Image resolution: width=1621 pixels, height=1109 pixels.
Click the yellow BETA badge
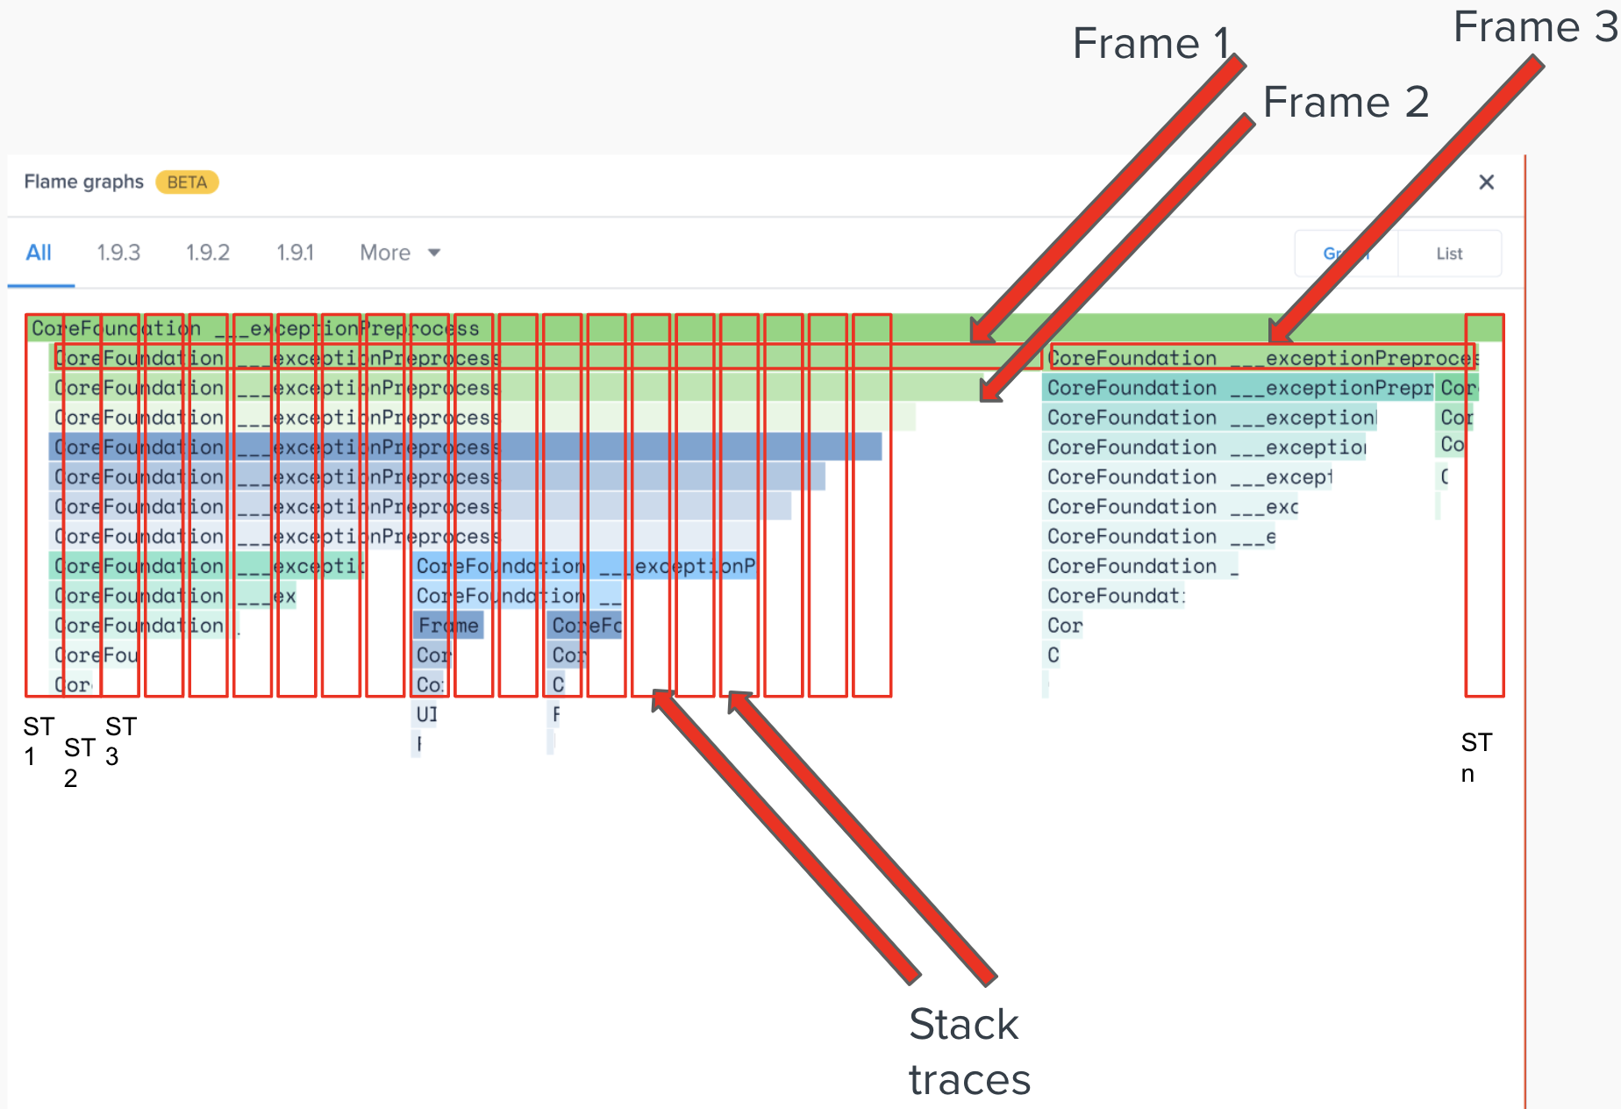pos(187,182)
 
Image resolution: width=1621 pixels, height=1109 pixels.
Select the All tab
pos(39,253)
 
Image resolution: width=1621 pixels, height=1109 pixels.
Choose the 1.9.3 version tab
pos(118,253)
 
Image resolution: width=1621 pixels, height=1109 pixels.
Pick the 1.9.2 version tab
pos(208,253)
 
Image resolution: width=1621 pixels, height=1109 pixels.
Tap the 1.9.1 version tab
pos(295,253)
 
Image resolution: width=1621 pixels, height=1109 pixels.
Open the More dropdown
pos(400,253)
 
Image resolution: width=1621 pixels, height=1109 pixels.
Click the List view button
pos(1449,254)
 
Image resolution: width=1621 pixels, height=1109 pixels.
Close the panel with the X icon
pos(1486,182)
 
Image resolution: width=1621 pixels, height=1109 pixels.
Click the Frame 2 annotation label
pos(1346,102)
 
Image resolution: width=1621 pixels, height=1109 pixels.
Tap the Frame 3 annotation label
pos(1534,26)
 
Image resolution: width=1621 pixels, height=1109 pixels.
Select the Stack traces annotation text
pos(969,1051)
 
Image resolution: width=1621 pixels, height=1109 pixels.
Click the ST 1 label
pos(38,741)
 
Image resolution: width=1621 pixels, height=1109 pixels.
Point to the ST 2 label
pos(79,762)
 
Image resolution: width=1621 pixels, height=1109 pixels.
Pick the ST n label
pos(1475,757)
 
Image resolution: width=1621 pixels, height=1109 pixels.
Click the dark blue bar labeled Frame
pos(448,626)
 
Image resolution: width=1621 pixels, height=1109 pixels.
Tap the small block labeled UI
pos(426,714)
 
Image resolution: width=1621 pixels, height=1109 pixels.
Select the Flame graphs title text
pos(83,182)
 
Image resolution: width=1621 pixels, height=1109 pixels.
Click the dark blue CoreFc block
pos(586,626)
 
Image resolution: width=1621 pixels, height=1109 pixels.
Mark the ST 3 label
pos(120,741)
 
